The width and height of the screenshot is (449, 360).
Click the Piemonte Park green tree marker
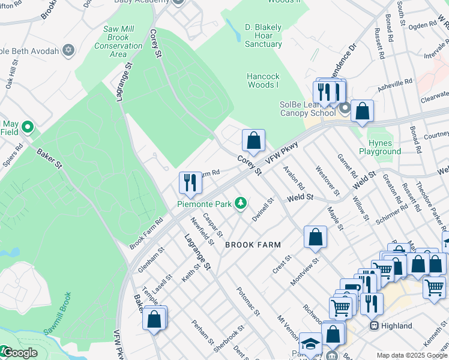pyautogui.click(x=241, y=204)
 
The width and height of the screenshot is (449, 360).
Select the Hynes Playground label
pyautogui.click(x=380, y=148)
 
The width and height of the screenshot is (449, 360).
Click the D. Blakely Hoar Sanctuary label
pyautogui.click(x=263, y=35)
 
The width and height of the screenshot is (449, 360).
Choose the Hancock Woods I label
pyautogui.click(x=264, y=80)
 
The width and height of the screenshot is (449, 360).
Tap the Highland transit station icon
pyautogui.click(x=374, y=326)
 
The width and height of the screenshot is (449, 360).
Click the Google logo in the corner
pyautogui.click(x=19, y=353)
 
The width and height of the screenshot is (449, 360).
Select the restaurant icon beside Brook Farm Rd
pyautogui.click(x=190, y=182)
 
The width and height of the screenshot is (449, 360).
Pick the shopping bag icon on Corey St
pyautogui.click(x=254, y=140)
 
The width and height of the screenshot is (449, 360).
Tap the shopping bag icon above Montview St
pyautogui.click(x=315, y=236)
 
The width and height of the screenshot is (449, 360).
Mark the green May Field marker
pyautogui.click(x=27, y=127)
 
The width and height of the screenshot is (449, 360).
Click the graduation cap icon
pyautogui.click(x=310, y=343)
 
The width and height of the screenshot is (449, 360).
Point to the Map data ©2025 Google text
pyautogui.click(x=412, y=355)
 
